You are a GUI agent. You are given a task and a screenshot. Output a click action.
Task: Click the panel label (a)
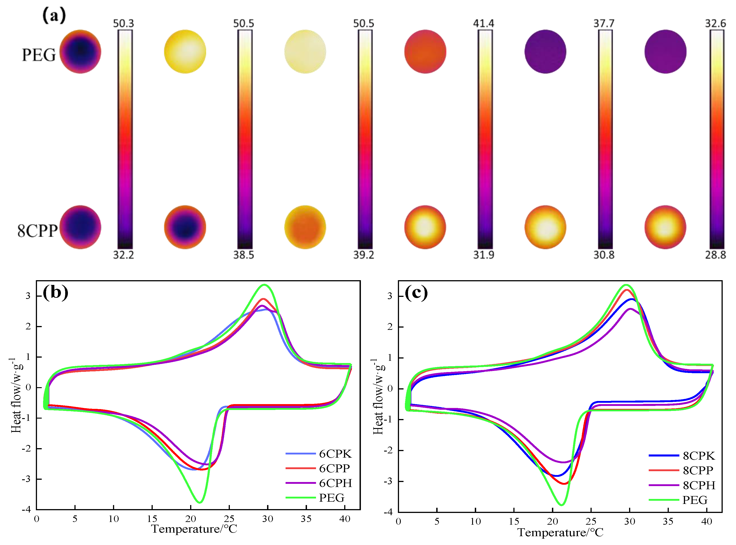click(54, 16)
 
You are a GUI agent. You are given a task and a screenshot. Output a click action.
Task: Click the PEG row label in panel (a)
click(39, 55)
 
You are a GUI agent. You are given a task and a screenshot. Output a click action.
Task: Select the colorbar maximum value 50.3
click(123, 23)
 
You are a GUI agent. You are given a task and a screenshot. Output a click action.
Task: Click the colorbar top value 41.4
click(484, 23)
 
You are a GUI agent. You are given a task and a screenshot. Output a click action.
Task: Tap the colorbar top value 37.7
click(604, 23)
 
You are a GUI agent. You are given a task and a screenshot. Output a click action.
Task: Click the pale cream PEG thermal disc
click(305, 52)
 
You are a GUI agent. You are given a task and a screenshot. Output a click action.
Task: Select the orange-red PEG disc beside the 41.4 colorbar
click(425, 52)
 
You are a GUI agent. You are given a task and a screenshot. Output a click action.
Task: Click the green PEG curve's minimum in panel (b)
click(199, 502)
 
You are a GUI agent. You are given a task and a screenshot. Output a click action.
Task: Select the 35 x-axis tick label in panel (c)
click(668, 522)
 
